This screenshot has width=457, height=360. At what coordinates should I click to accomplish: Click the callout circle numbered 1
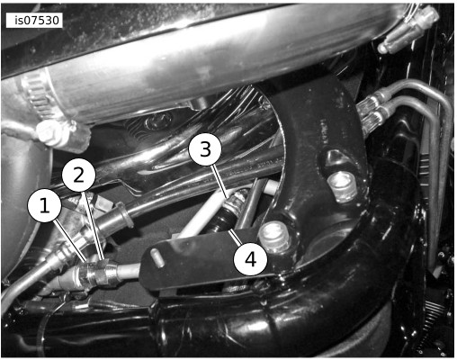45,205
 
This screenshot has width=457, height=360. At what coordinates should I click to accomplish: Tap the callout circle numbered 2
79,175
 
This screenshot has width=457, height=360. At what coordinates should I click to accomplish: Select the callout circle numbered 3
205,148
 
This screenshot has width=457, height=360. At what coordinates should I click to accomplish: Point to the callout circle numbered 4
250,259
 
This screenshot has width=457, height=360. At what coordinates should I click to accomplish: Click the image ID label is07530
34,21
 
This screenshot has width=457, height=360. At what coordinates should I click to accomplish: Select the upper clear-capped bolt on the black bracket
342,187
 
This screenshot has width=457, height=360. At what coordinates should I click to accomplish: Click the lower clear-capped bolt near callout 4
273,236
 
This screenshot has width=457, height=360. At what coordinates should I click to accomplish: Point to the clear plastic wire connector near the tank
408,30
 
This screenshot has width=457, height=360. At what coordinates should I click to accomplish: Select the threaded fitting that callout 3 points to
237,202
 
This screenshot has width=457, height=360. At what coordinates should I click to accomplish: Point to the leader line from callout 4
235,237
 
